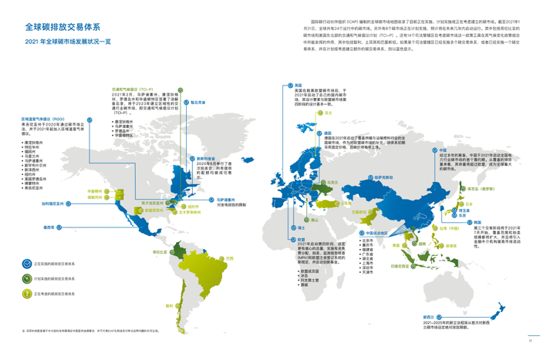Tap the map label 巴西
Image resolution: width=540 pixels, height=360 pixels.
tap(229, 258)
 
